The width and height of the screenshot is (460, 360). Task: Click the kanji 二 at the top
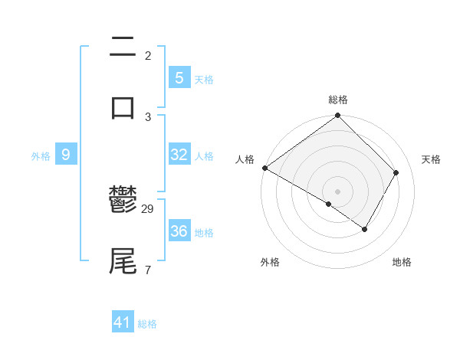123,47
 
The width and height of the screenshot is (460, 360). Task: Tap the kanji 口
123,107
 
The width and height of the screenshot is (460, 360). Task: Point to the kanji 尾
123,260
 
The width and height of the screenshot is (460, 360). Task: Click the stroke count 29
149,208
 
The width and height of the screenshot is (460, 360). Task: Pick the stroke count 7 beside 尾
147,270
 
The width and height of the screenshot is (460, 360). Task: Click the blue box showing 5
179,77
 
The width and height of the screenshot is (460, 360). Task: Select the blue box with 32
179,155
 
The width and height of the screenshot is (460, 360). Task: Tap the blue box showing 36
179,231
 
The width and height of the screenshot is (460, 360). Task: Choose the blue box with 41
123,322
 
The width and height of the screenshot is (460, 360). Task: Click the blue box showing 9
66,155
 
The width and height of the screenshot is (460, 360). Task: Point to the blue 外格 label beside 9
41,155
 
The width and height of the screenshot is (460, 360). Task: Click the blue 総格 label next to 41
147,324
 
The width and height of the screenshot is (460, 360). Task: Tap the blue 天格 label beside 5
204,79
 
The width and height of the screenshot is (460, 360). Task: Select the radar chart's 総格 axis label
338,100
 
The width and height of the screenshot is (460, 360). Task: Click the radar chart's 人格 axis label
245,159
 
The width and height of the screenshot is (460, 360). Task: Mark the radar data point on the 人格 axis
264,168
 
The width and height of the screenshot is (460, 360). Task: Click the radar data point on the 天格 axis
396,172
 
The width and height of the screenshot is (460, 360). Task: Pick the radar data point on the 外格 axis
329,204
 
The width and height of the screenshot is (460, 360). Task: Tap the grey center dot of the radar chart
338,191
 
